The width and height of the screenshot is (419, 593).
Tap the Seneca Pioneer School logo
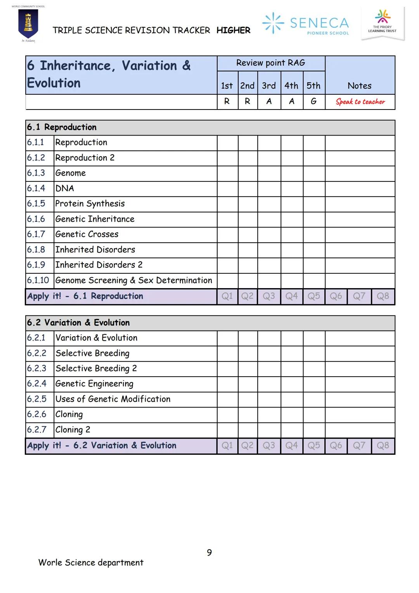click(306, 23)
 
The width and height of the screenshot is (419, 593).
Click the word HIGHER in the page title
click(233, 30)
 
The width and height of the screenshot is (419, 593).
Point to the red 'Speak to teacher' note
click(360, 102)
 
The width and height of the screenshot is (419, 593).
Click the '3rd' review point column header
click(268, 86)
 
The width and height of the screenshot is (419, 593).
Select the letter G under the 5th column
click(313, 101)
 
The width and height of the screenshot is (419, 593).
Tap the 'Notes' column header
click(359, 86)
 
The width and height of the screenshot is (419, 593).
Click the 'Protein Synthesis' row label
click(90, 204)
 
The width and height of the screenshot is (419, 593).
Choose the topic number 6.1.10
click(38, 280)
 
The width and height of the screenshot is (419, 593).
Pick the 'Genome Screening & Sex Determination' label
click(133, 280)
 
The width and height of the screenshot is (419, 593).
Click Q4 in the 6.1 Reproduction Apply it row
click(291, 296)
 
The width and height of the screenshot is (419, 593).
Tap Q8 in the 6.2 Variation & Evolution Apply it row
click(383, 446)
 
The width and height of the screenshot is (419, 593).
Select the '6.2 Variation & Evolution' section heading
click(78, 323)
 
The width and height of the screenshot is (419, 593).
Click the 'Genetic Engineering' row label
click(94, 384)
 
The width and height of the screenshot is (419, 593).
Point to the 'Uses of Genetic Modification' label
click(113, 399)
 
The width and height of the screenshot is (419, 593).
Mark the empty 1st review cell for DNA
click(227, 189)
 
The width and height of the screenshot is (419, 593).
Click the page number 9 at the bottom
click(209, 553)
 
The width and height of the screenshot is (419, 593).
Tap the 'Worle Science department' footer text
click(91, 563)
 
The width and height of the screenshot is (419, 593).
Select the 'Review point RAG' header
click(270, 63)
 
